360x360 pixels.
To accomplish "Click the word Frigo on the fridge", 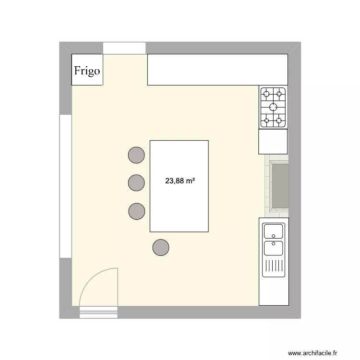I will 87,71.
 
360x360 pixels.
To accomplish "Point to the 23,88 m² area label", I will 180,181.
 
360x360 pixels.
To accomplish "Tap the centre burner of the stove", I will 273,107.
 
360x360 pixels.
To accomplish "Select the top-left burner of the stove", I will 266,93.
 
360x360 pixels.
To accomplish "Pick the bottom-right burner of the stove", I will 279,121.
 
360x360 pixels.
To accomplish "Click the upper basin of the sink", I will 273,231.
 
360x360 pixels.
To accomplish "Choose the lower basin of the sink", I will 273,248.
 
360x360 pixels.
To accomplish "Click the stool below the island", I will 161,247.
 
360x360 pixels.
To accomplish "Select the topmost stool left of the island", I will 137,155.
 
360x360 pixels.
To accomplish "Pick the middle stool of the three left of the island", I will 137,182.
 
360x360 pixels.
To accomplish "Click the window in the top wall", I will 124,48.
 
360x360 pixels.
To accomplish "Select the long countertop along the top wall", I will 217,70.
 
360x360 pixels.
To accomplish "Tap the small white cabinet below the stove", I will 273,142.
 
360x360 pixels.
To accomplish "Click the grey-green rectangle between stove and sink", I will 279,186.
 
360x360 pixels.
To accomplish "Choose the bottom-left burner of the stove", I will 266,121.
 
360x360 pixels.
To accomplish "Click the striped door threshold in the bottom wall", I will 98,312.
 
